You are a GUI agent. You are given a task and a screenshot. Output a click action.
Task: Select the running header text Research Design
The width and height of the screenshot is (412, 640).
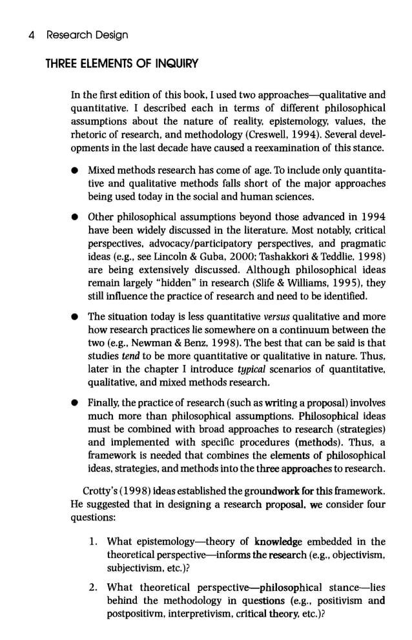[87, 35]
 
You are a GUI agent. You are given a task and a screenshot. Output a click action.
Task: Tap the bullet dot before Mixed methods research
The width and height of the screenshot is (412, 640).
[76, 170]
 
